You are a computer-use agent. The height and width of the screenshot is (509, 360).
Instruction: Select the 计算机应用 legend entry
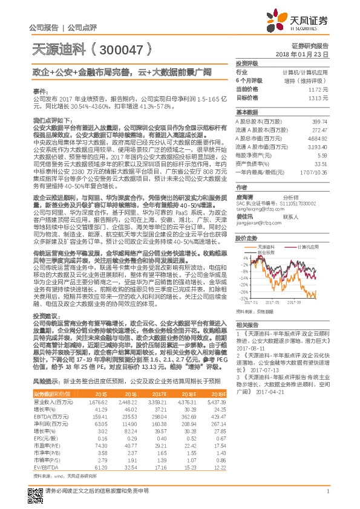click(307, 247)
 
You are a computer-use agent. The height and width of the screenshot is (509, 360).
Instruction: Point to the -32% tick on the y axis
click(241, 299)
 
